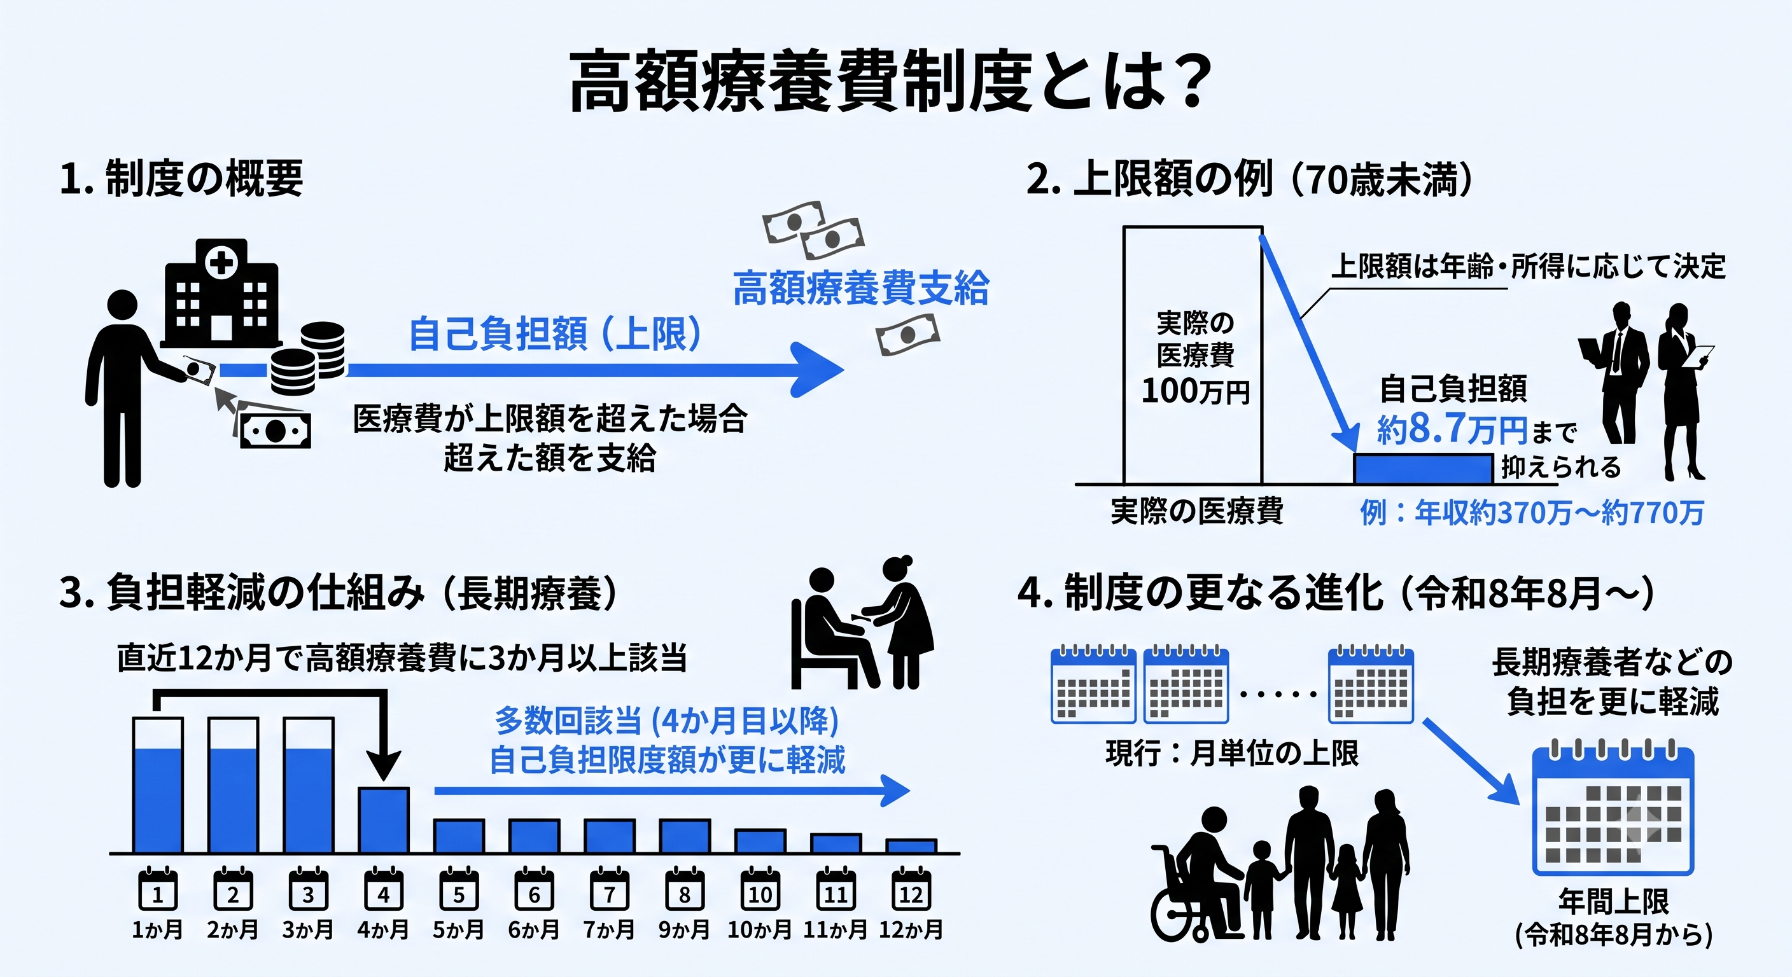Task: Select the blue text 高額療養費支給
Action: (x=860, y=288)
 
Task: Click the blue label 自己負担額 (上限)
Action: (x=554, y=333)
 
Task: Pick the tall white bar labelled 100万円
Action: (x=1193, y=355)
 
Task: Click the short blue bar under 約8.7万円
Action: (x=1423, y=469)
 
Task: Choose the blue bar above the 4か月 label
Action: (x=383, y=820)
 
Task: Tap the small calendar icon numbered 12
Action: (x=911, y=889)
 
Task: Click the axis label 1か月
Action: (x=157, y=930)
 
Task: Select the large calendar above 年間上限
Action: (x=1613, y=811)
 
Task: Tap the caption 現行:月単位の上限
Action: (x=1232, y=753)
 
